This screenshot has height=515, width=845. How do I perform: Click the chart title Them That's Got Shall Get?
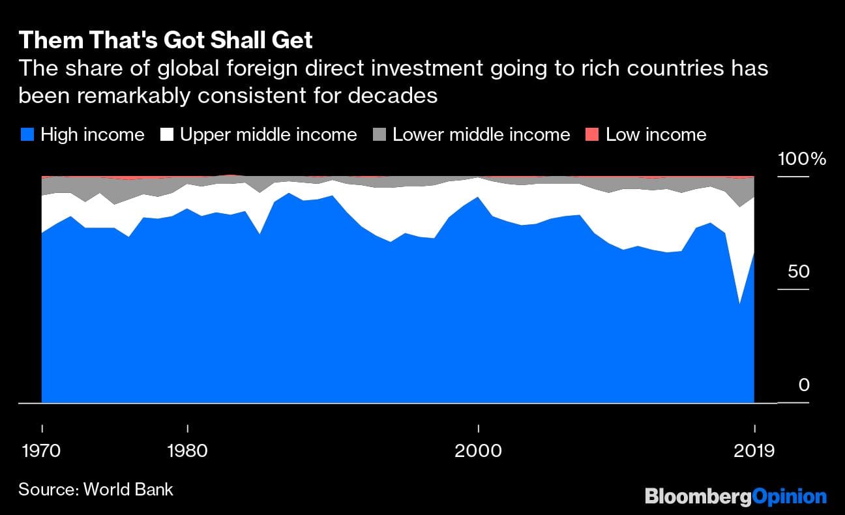166,40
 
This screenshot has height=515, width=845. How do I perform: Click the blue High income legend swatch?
27,135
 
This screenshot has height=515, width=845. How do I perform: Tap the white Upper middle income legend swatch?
167,135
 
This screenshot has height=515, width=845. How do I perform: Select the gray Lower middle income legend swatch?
379,135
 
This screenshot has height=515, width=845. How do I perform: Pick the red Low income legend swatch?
592,135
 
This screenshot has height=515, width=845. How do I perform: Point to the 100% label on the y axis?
801,159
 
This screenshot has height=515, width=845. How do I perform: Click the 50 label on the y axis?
798,272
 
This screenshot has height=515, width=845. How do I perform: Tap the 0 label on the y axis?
803,385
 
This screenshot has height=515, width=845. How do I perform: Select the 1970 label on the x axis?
42,451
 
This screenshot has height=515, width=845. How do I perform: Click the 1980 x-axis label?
188,451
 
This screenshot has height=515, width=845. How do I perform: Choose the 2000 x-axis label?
479,451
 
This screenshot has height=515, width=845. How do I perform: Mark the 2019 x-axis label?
754,451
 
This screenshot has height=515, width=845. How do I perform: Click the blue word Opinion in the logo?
789,497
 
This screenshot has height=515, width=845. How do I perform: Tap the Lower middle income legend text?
481,135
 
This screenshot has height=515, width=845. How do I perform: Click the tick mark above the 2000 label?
479,429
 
